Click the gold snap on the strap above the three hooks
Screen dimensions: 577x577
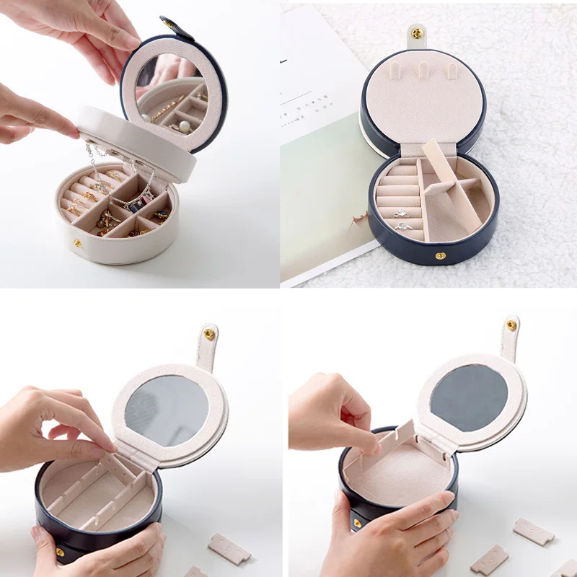pyautogui.click(x=416, y=33)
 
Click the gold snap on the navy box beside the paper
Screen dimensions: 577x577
pyautogui.click(x=440, y=255)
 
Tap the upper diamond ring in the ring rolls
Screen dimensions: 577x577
pyautogui.click(x=402, y=214)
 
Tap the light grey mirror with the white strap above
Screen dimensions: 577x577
pyautogui.click(x=167, y=410)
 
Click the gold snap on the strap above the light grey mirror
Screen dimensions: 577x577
pyautogui.click(x=208, y=334)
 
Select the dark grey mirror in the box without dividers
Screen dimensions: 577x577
pyautogui.click(x=470, y=398)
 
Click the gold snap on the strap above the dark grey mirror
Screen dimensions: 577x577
pyautogui.click(x=511, y=325)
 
